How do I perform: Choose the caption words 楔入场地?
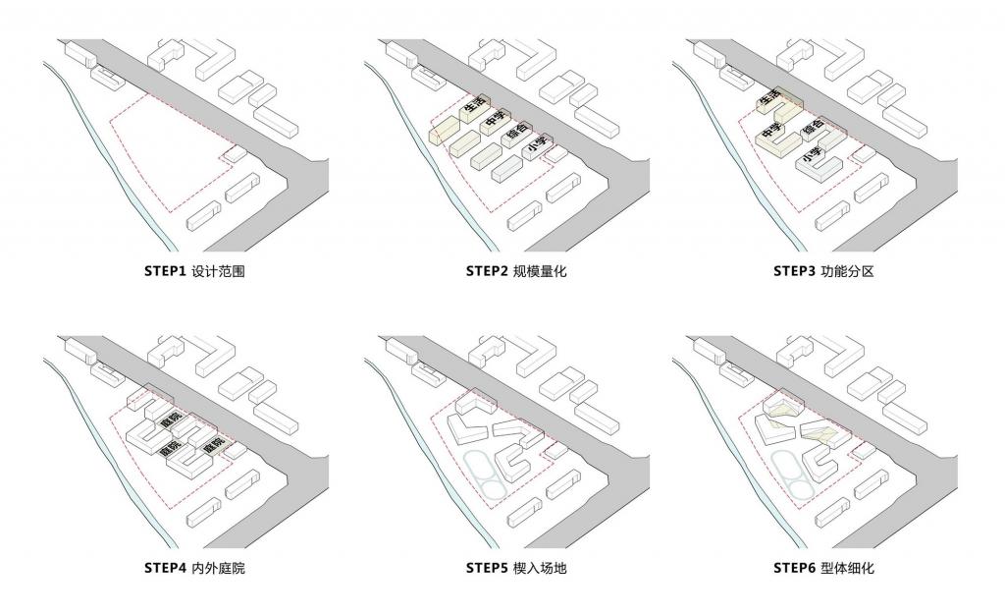click(x=539, y=567)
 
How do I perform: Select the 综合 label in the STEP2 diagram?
click(x=517, y=132)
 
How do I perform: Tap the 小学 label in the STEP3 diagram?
click(x=812, y=156)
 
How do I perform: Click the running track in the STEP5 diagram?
click(x=481, y=470)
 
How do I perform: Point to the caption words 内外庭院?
click(x=218, y=567)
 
